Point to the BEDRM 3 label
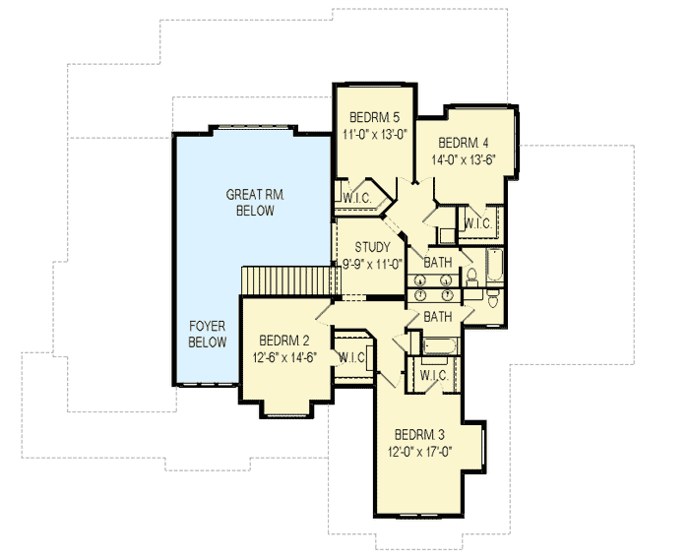pos(420,435)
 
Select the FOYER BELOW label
pos(207,334)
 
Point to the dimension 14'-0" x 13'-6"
pos(463,157)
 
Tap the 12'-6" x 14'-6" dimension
pos(281,356)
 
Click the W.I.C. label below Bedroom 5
pos(358,198)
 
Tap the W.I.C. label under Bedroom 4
pos(476,223)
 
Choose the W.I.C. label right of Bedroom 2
pos(351,356)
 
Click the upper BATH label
pos(437,263)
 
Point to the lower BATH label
pos(437,316)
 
